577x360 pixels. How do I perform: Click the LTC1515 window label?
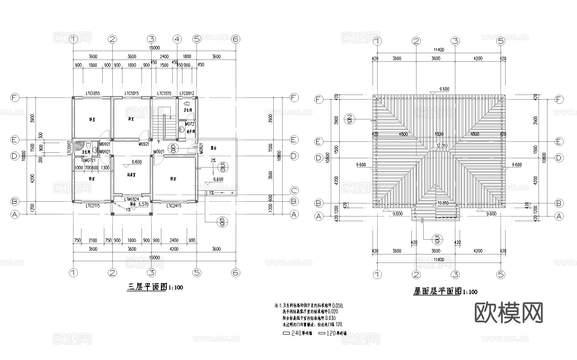click(164, 93)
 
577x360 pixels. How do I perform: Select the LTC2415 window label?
click(174, 206)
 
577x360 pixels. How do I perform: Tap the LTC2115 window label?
click(93, 206)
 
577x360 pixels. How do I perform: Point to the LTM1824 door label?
click(132, 198)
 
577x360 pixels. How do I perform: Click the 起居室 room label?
click(132, 174)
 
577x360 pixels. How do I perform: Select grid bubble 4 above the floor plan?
click(177, 39)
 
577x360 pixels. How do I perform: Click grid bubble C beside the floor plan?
click(294, 190)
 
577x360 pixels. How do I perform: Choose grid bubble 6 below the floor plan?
click(236, 272)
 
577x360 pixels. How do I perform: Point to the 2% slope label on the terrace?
click(213, 161)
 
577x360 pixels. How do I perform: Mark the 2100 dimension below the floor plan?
click(93, 240)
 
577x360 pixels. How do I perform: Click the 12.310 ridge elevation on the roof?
click(441, 146)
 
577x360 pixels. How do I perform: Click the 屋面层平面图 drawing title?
click(438, 291)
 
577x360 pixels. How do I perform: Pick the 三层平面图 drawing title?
click(147, 287)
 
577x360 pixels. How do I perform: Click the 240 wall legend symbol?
click(286, 333)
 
